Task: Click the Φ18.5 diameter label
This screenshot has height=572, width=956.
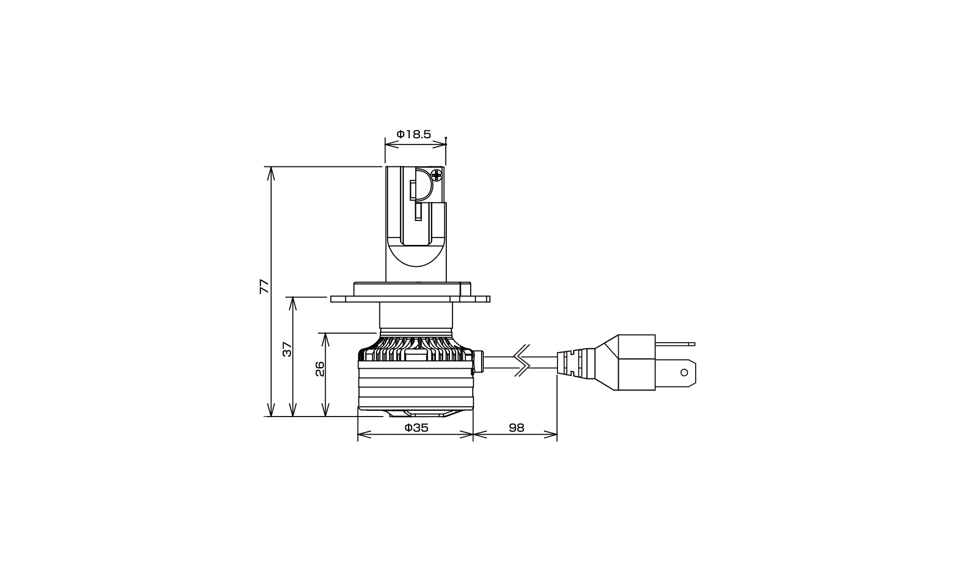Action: click(x=414, y=134)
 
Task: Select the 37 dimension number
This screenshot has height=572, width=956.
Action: click(x=287, y=349)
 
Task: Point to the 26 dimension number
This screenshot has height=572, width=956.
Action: click(x=320, y=369)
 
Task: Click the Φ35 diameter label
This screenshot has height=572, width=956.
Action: click(x=416, y=428)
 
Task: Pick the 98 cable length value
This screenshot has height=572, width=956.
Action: click(x=516, y=428)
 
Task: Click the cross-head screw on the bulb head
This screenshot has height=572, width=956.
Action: click(x=436, y=175)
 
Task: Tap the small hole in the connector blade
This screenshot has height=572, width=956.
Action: click(x=684, y=372)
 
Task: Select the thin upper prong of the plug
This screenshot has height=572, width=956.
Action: click(x=675, y=344)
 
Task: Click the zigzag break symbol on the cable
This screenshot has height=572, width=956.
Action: click(x=522, y=360)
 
